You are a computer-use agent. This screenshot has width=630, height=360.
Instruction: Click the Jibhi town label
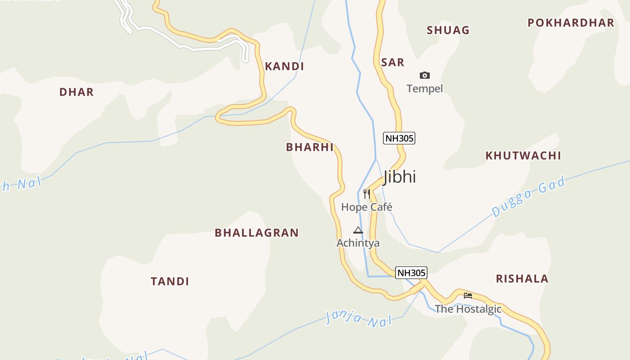click(400, 177)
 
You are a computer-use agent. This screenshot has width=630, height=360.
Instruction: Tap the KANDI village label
click(284, 67)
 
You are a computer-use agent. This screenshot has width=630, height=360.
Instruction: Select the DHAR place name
click(76, 92)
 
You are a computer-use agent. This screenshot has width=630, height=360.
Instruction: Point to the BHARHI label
click(310, 147)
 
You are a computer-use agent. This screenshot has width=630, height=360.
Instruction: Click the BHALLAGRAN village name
click(256, 233)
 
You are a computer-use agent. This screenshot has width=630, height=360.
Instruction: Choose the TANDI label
click(170, 282)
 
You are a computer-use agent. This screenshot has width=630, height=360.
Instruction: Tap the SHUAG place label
click(448, 30)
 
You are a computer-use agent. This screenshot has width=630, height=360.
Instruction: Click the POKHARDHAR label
click(571, 23)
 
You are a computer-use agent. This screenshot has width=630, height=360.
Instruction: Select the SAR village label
click(392, 63)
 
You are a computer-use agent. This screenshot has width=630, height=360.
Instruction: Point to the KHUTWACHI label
click(523, 156)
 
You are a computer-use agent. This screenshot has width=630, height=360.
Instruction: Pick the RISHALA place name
click(522, 279)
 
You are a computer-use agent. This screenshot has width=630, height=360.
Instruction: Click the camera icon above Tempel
click(424, 75)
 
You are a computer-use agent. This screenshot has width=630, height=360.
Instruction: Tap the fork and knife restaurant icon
click(367, 194)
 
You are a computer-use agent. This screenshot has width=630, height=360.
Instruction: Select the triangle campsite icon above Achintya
click(358, 230)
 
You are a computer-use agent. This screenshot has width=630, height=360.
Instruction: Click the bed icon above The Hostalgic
click(468, 296)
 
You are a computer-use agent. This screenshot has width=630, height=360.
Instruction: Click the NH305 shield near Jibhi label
click(399, 138)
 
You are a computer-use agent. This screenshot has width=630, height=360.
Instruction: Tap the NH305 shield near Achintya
click(411, 273)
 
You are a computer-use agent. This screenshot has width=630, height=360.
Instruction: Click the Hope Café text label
click(367, 207)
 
